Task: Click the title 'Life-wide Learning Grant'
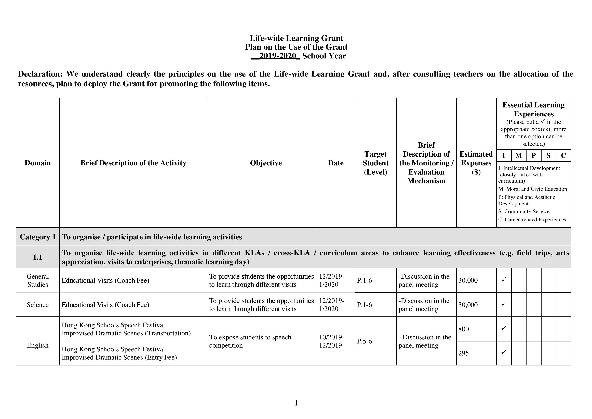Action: coord(296,38)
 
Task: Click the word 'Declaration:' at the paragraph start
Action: coord(40,74)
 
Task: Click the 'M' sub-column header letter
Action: coord(519,155)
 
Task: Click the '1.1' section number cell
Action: coord(38,257)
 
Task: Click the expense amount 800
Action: coord(464,329)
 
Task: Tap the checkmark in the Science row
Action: coord(504,304)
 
